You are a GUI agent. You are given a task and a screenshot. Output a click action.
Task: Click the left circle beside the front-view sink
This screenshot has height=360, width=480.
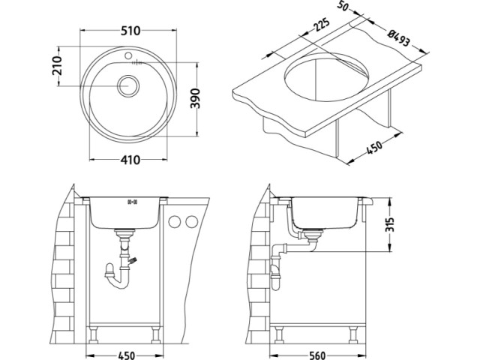(175, 222)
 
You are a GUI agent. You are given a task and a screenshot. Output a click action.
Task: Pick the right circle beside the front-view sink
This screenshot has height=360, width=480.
(190, 222)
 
